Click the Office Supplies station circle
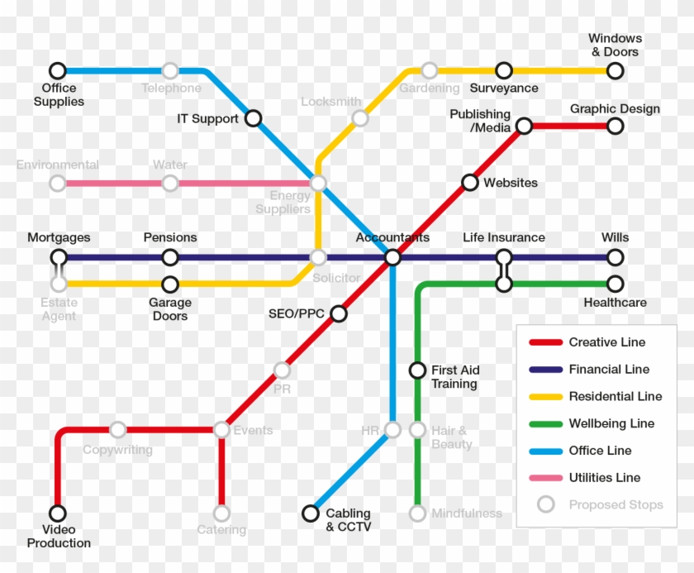point(57,71)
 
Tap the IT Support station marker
point(254,118)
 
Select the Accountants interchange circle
point(392,258)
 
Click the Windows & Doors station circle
point(615,71)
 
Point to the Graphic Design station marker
point(615,126)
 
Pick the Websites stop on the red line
point(470,182)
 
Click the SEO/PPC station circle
point(338,313)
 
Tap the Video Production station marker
point(58,513)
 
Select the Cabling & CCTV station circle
point(310,513)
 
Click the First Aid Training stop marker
point(417,370)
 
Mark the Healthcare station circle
point(615,284)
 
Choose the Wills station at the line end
point(615,258)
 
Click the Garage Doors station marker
point(169,284)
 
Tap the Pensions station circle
point(169,258)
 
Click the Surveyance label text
point(504,88)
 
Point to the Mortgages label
point(59,238)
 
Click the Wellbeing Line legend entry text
point(611,423)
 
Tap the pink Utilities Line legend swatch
point(545,478)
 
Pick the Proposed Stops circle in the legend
point(545,504)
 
